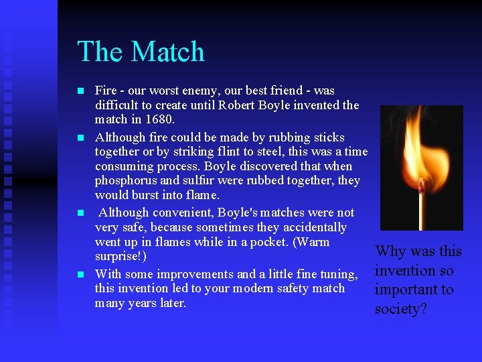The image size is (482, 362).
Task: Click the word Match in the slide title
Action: coord(169,52)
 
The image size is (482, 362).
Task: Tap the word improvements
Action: coord(199,274)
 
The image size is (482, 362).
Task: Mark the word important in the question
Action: coord(404,290)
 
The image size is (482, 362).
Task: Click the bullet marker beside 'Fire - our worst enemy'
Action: coord(80,90)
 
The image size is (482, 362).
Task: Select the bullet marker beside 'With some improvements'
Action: coord(80,274)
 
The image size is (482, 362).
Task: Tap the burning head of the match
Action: coord(422,182)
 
